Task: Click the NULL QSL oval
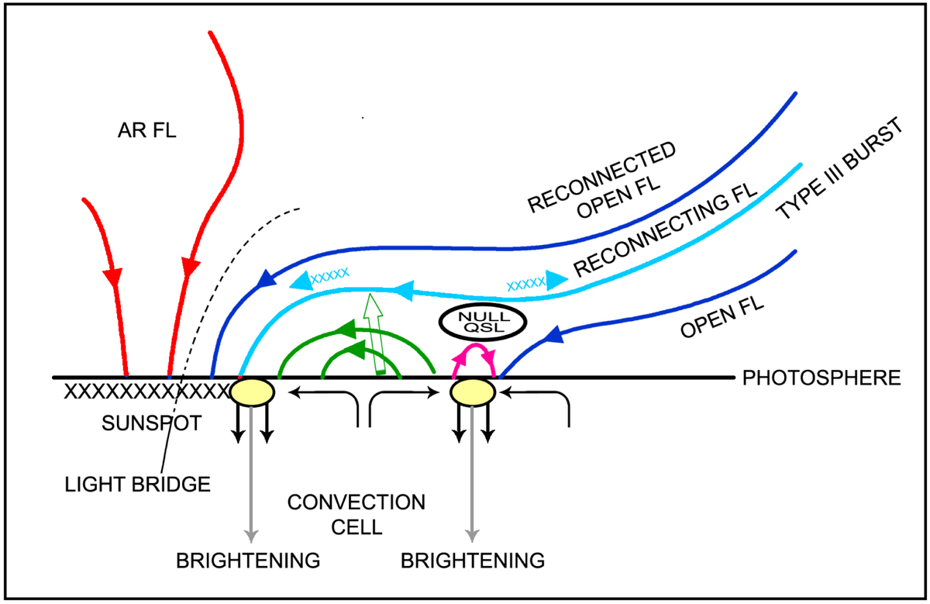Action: [471, 322]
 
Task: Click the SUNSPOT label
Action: [143, 424]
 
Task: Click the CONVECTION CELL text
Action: [356, 514]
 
